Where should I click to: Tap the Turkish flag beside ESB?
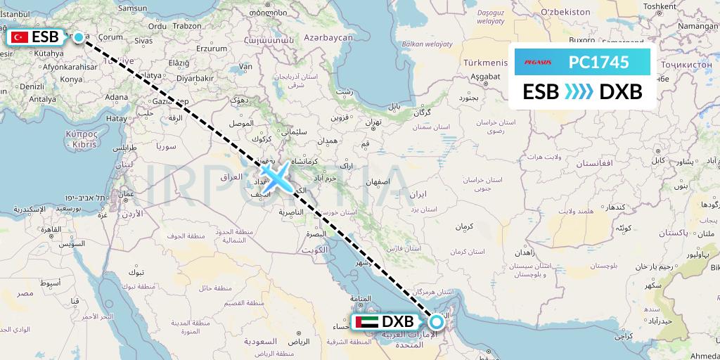pos(20,38)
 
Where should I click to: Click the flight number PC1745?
pos(598,63)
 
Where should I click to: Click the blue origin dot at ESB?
pos(79,38)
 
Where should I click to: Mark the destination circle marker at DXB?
pos(437,322)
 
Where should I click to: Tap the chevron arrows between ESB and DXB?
pos(579,92)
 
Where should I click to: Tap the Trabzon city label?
pos(187,25)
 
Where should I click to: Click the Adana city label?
pos(116,97)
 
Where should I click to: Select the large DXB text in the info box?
pos(620,92)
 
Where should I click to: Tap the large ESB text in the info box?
pos(541,92)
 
